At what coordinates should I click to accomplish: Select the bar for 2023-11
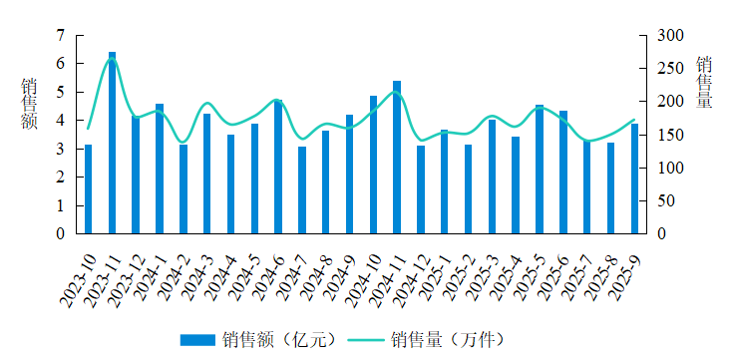pos(112,143)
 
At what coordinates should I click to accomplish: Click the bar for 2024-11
pos(397,158)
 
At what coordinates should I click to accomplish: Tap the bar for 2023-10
pos(89,188)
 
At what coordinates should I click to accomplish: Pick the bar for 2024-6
pos(278,167)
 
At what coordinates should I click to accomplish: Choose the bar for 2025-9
pos(634,179)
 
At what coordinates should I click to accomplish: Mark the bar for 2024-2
pos(183,188)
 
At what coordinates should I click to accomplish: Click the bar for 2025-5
pos(540,170)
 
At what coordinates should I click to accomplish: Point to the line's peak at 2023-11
pos(112,58)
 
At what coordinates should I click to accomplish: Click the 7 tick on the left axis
pos(61,35)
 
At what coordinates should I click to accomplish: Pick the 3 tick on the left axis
pos(61,149)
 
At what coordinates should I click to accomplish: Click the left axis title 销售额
pos(29,104)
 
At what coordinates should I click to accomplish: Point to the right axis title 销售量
pos(704,83)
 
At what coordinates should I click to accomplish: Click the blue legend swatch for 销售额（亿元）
pos(197,340)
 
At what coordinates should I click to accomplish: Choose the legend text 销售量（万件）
pos(448,340)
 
